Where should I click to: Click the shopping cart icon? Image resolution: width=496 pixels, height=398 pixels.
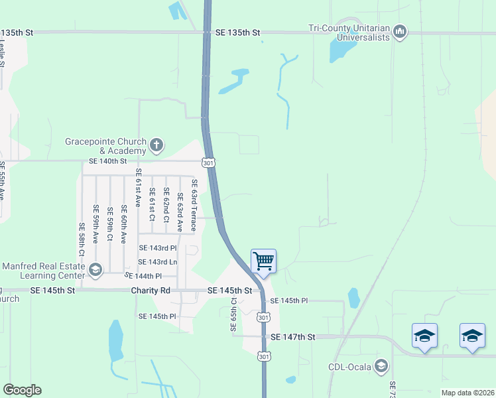click(x=264, y=259)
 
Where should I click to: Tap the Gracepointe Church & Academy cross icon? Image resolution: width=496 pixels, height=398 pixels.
click(x=156, y=145)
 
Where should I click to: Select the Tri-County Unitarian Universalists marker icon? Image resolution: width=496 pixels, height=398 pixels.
click(x=400, y=31)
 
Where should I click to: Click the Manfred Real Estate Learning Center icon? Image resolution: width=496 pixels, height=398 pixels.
click(x=95, y=269)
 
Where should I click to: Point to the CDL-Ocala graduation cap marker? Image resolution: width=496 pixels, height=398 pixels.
click(x=381, y=365)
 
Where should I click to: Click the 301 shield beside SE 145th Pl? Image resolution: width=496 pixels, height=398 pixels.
click(x=263, y=318)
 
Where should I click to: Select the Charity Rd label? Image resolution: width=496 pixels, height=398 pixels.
click(x=151, y=291)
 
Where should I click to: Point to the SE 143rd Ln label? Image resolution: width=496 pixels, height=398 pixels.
click(x=158, y=262)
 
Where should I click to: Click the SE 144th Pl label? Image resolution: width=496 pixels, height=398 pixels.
click(x=143, y=276)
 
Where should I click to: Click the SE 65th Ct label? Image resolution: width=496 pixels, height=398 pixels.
click(x=233, y=315)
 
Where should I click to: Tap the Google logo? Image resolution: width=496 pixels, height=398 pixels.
click(x=22, y=390)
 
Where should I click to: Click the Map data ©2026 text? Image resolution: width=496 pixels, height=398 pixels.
click(x=467, y=393)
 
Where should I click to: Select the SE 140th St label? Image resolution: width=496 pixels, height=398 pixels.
click(x=107, y=161)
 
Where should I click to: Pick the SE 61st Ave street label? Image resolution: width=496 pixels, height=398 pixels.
click(x=139, y=187)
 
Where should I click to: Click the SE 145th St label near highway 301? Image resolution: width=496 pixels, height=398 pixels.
click(x=229, y=291)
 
